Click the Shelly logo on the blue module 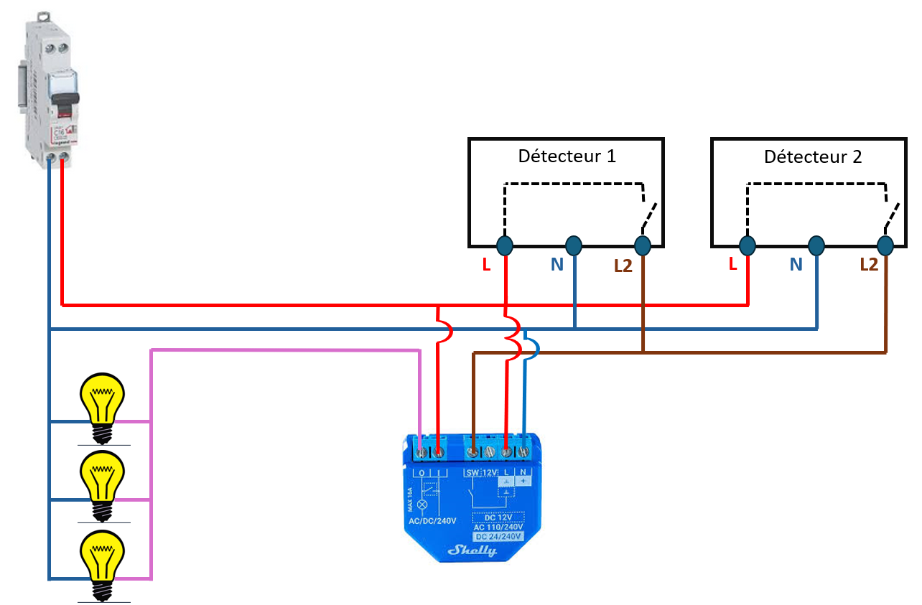[472, 550]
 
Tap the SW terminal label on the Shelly [472, 473]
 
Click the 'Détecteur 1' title [567, 156]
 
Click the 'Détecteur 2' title [812, 156]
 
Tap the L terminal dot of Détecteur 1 [505, 246]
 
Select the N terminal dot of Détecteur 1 [573, 246]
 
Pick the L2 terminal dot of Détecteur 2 [885, 246]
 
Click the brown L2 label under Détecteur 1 [623, 266]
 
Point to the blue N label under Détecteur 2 [796, 265]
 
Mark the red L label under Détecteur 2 [732, 264]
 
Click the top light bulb [102, 402]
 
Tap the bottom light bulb [102, 560]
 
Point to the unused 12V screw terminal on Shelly [490, 452]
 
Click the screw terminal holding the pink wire [422, 452]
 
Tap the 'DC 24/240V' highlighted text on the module [497, 536]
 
